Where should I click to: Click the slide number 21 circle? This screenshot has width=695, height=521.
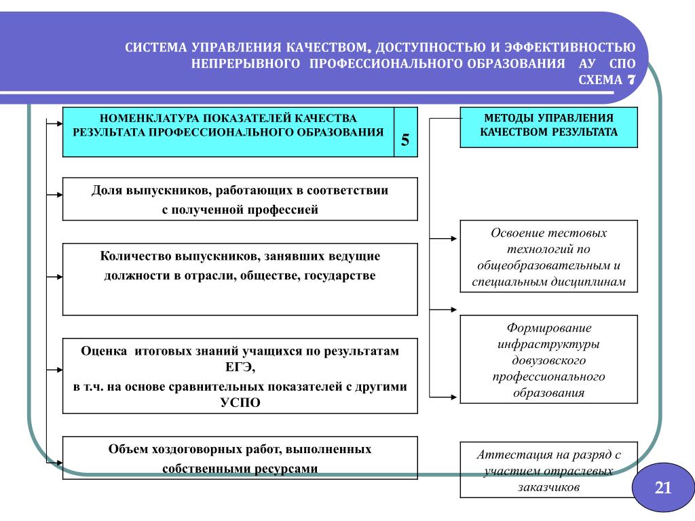662,487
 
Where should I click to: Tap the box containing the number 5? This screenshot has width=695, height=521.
405,140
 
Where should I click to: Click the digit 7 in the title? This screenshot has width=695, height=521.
631,79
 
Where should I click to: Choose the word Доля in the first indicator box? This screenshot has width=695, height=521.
107,191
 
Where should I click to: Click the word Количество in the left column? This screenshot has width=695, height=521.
136,256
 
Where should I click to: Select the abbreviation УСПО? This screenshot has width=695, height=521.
240,402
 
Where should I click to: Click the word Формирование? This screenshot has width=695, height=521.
548,328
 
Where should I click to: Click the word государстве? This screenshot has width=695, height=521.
339,276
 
